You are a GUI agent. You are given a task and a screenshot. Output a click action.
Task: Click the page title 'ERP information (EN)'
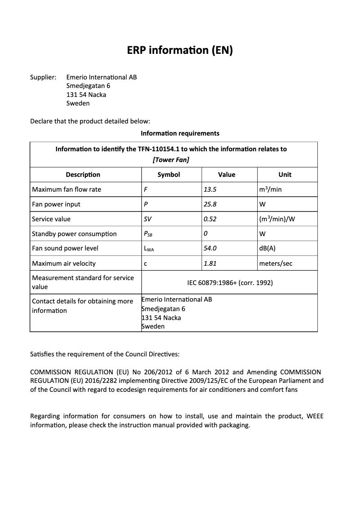tap(180, 50)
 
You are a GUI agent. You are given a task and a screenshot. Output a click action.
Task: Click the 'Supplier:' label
tap(43, 77)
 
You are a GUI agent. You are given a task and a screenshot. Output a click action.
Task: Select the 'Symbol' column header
tap(169, 175)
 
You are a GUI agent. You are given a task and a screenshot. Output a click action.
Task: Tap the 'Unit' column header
tap(285, 175)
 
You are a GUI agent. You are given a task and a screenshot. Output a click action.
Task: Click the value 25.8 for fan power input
tap(211, 204)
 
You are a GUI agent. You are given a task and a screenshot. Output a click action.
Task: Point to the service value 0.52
tap(210, 219)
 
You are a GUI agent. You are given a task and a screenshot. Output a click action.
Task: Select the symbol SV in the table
tap(148, 219)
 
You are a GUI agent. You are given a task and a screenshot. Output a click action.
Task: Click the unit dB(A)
tap(268, 248)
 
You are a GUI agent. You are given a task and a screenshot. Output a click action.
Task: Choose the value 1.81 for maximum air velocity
tap(210, 263)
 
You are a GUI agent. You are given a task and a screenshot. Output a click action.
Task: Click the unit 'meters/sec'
tap(276, 263)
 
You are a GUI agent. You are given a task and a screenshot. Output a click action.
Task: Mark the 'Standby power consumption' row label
tap(74, 234)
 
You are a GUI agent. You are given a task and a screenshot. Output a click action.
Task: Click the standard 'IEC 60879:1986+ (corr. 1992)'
tap(230, 283)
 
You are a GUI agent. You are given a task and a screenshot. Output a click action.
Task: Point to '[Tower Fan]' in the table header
tap(171, 160)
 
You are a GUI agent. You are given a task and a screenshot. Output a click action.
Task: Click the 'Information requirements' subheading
tap(180, 133)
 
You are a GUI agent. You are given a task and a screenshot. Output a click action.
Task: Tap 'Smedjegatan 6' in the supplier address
tap(88, 86)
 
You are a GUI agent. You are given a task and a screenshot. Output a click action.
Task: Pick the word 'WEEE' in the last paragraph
tap(315, 416)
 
